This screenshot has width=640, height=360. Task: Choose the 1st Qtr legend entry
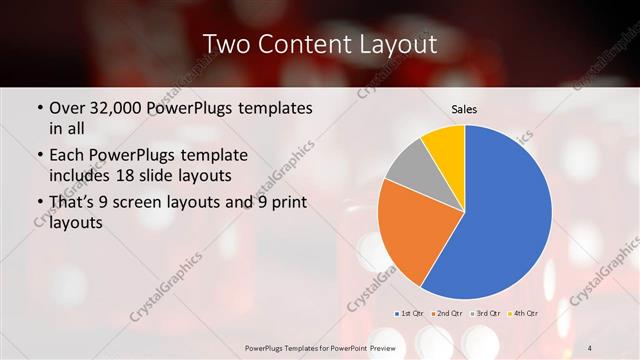(411, 314)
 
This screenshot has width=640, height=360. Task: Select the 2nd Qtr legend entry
(447, 314)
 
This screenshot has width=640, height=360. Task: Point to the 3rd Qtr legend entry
(486, 314)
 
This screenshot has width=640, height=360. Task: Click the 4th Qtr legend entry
(523, 314)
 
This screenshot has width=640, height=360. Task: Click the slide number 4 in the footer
(592, 346)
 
